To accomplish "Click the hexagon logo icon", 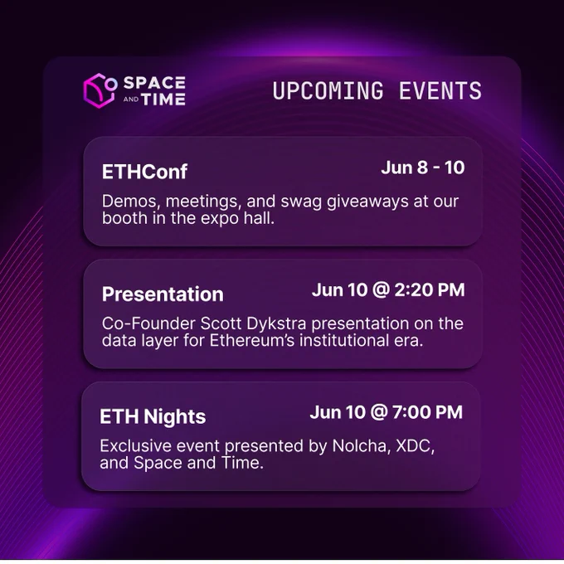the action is (x=100, y=90).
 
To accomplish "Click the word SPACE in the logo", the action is (x=154, y=83).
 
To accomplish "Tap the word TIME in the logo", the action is (x=163, y=100).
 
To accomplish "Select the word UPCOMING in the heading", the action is (x=328, y=90).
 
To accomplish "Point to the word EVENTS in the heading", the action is (x=440, y=90).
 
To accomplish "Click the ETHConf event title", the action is (x=144, y=172).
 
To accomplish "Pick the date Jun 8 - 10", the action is (x=423, y=168).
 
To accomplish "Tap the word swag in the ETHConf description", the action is (x=301, y=202).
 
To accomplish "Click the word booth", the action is (x=124, y=218).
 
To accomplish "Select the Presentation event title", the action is (x=163, y=294).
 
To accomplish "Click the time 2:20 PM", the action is (x=430, y=290).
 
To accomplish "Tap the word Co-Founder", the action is (x=148, y=323).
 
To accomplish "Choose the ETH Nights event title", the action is (x=153, y=417).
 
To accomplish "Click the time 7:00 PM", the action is (x=427, y=412).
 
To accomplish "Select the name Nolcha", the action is (x=361, y=446).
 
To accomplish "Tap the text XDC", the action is (x=415, y=446).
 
